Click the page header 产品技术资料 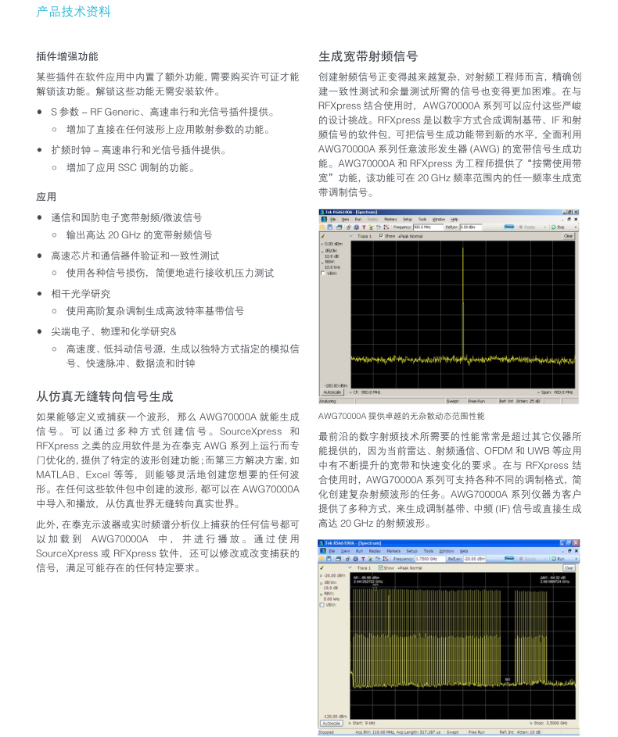point(74,12)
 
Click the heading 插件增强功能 point(67,56)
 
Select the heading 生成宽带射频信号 point(368,56)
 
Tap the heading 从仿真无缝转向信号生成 point(105,396)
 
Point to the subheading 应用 point(46,197)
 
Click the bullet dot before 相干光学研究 point(40,294)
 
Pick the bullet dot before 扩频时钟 point(40,149)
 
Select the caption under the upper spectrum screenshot point(401,416)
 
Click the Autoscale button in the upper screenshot point(332,392)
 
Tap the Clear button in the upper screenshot point(568,236)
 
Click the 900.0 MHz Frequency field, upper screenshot point(428,227)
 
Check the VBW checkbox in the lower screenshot point(322,605)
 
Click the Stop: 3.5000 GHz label point(552,723)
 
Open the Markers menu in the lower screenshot point(393,551)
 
